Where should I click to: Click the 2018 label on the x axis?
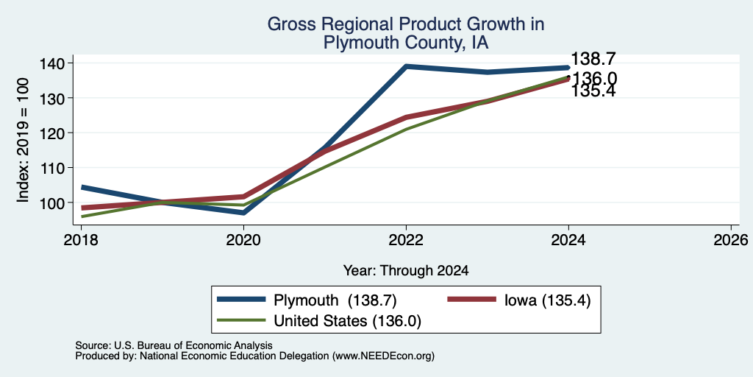81,239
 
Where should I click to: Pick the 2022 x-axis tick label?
406,239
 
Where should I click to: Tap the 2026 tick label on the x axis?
732,239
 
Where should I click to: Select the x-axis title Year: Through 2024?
406,271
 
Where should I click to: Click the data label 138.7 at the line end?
593,59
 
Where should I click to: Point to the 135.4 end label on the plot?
593,91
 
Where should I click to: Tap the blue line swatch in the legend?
241,300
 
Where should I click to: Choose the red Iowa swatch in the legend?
471,300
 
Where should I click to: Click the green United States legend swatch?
241,320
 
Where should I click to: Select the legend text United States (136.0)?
347,321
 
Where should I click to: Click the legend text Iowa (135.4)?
547,300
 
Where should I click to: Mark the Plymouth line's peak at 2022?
406,66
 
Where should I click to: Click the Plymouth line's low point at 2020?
244,212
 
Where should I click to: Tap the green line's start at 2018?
82,216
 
